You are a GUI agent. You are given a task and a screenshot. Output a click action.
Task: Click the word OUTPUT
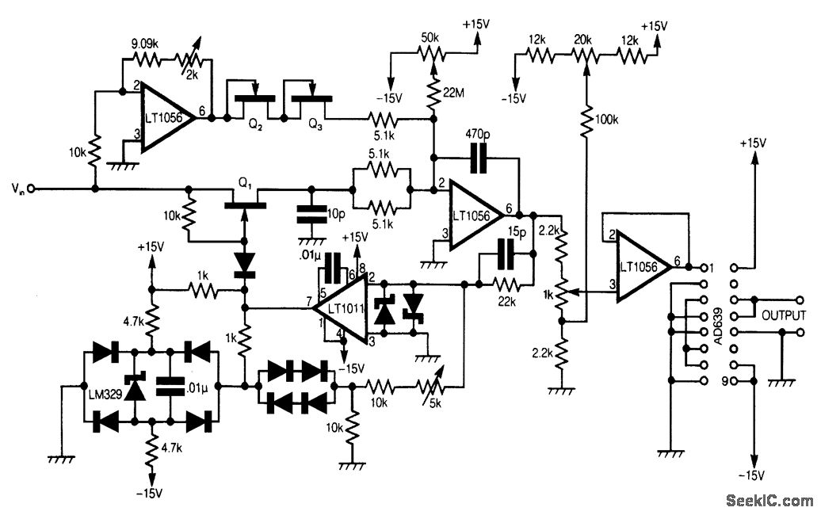coord(784,315)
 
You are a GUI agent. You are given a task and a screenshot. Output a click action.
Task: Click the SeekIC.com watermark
coord(769,501)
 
